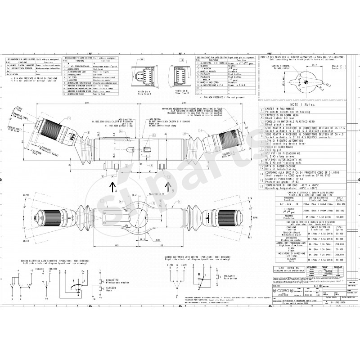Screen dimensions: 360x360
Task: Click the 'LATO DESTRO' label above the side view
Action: [155, 120]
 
